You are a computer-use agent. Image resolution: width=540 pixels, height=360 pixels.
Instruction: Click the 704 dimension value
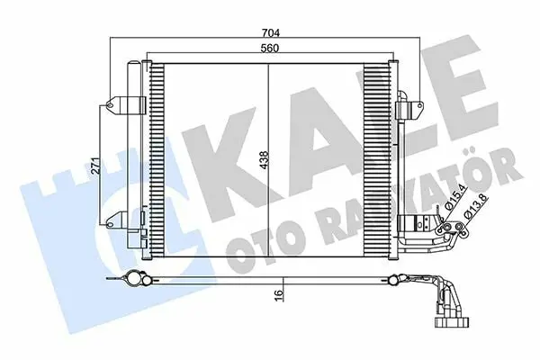[271, 33]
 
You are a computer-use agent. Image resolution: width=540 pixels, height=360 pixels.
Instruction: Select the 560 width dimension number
[269, 49]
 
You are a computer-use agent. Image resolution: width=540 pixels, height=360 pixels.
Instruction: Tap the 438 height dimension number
[265, 160]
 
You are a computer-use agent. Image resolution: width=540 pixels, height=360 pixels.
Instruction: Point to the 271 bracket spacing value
[97, 166]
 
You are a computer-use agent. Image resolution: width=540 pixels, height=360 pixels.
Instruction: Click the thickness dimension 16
[279, 296]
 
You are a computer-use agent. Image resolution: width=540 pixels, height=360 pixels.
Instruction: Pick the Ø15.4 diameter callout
[454, 197]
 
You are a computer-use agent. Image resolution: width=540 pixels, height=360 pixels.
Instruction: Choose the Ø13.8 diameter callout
[475, 206]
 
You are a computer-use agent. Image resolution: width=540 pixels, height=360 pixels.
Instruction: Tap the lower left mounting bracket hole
[110, 225]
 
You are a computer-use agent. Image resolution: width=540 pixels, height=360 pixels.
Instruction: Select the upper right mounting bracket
[409, 107]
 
